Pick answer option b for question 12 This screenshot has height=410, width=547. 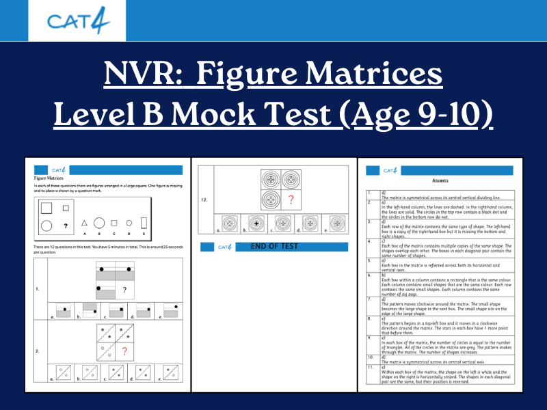[258, 223]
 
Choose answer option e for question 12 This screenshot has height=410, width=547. [336, 223]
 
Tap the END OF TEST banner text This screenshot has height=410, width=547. [274, 246]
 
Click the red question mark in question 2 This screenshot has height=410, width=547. [124, 352]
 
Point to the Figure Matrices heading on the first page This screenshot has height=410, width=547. [49, 178]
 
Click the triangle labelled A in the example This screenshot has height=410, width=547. [84, 223]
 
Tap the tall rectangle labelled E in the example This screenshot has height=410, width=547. [144, 223]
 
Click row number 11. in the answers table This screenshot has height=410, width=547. [370, 368]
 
